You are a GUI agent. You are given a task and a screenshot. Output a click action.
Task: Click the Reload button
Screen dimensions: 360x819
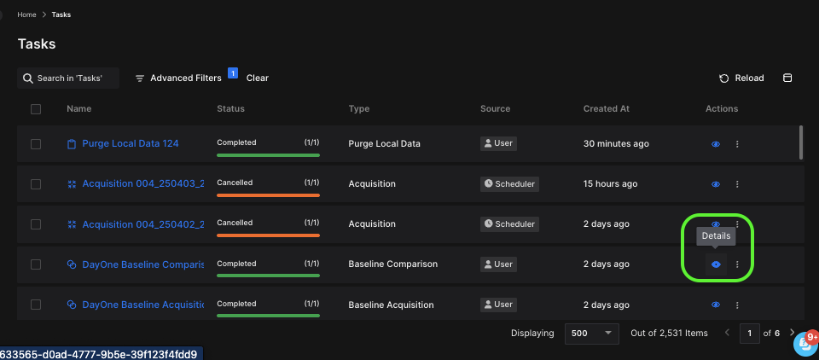(x=741, y=78)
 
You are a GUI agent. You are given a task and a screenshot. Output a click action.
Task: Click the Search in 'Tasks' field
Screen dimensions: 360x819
(x=69, y=78)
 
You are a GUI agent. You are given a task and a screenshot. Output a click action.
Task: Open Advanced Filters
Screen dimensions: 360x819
(x=178, y=78)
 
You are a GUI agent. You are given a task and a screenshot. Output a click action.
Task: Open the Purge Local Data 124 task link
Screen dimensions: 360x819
(x=130, y=143)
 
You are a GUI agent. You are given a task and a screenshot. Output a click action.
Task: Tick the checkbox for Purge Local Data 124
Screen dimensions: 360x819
(x=36, y=144)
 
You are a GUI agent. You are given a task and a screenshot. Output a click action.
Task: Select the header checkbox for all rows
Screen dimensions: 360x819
(x=36, y=108)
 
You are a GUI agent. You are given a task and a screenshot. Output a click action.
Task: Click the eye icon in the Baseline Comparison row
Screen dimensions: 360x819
(x=716, y=264)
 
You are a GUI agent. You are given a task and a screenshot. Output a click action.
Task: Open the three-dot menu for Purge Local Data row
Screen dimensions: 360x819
(x=737, y=144)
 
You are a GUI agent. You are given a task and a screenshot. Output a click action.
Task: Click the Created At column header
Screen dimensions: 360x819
(x=606, y=108)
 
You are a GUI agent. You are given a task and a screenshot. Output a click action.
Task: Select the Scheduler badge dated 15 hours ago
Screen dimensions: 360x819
(x=510, y=183)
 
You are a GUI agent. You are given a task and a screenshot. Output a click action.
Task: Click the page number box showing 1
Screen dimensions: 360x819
(x=749, y=333)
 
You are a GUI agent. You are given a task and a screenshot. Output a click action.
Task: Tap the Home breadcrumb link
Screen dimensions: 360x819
(x=26, y=15)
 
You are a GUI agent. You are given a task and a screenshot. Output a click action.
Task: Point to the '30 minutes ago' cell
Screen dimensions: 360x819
(x=616, y=143)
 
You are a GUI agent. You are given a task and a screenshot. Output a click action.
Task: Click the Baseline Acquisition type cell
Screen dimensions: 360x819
(x=391, y=305)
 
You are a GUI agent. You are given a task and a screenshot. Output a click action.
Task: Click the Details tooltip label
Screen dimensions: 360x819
(x=716, y=235)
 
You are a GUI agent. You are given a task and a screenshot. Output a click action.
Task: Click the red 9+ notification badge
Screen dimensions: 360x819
(x=811, y=336)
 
